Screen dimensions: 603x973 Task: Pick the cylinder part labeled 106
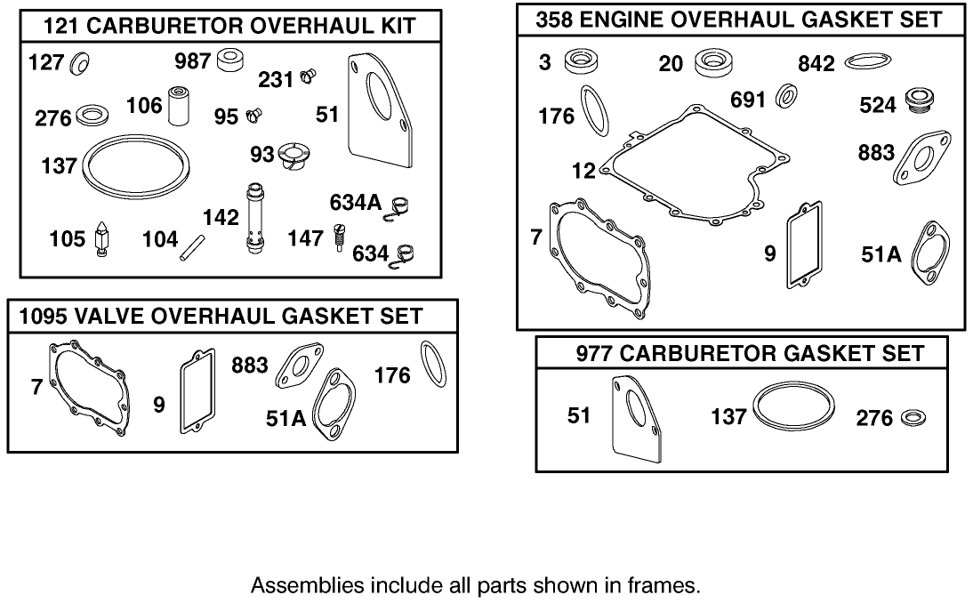(183, 107)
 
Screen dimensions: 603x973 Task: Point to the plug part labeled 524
(916, 103)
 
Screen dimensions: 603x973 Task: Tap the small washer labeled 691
(786, 97)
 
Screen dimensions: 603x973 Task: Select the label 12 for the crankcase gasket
(583, 170)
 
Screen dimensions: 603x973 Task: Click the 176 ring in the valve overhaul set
(433, 364)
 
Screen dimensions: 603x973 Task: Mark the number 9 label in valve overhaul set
(159, 405)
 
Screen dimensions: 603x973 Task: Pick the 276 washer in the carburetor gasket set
(912, 416)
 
